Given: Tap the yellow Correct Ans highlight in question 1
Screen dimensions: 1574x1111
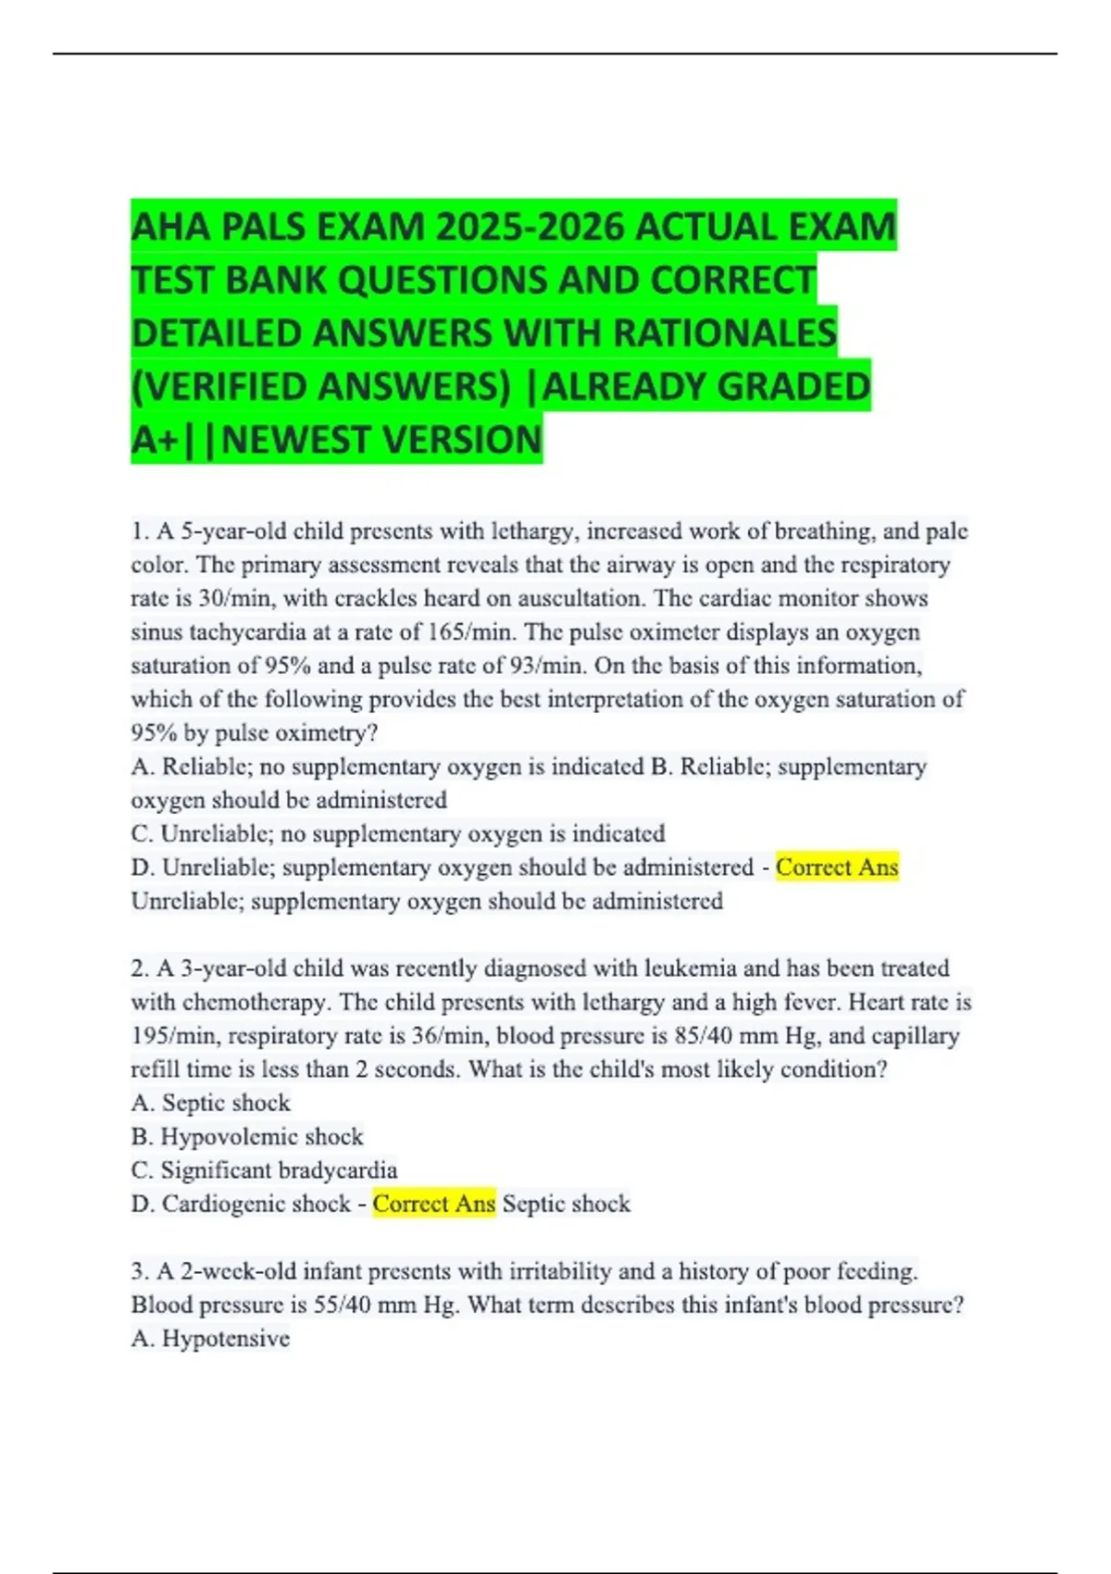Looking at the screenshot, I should [837, 868].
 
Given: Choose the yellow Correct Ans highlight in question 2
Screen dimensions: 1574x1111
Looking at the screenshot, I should [433, 1204].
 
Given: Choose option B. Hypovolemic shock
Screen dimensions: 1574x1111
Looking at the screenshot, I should [247, 1137].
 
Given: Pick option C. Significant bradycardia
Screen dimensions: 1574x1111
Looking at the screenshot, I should [264, 1170].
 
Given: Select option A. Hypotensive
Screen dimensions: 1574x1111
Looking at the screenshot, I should [210, 1339].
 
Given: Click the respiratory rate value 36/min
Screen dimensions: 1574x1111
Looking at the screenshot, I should [448, 1036].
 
